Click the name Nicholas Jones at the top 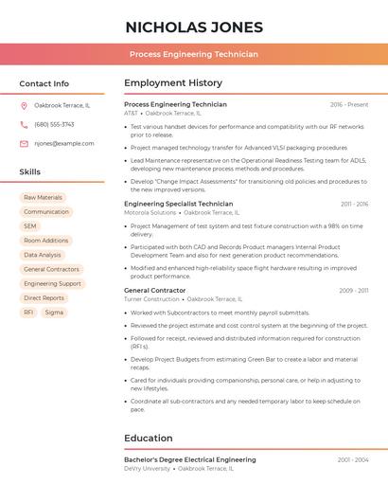(194, 27)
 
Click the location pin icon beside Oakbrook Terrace (24, 105)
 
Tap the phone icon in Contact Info (24, 124)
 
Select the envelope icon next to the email (24, 144)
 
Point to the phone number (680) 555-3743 (54, 124)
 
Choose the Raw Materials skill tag (44, 198)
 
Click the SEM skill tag (30, 226)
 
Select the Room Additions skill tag (46, 241)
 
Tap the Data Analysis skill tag (43, 255)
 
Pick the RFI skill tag (28, 312)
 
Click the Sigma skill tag (54, 312)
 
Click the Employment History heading (173, 83)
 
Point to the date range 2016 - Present (349, 104)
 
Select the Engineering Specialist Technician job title (178, 204)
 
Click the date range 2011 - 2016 (354, 204)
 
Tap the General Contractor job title (154, 290)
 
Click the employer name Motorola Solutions (150, 213)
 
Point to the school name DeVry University (148, 468)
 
